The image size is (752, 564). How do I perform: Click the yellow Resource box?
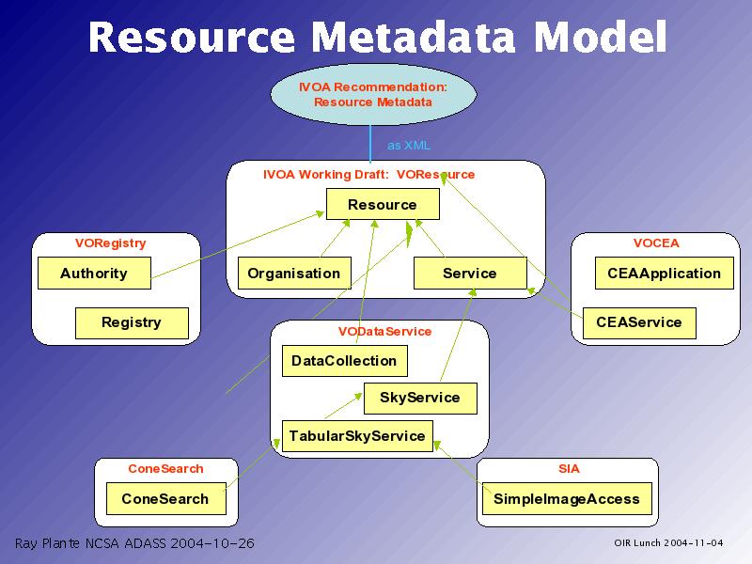click(383, 204)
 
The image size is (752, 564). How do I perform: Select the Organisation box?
click(294, 273)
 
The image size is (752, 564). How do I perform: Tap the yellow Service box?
click(470, 273)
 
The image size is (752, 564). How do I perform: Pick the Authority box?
click(94, 273)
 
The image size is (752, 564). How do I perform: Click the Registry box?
click(132, 323)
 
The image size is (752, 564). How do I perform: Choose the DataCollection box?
click(345, 361)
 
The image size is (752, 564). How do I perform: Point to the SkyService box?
click(420, 398)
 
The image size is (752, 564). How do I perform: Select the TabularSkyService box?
click(357, 436)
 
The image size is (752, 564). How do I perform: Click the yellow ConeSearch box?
click(166, 499)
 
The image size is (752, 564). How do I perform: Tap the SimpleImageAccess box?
click(567, 499)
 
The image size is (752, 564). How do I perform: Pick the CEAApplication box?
click(665, 273)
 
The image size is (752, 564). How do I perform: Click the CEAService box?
click(639, 323)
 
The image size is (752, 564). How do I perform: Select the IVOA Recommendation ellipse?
click(373, 94)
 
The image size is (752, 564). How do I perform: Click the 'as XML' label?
click(409, 146)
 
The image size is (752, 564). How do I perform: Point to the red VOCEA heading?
click(656, 243)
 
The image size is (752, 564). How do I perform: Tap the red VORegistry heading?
click(110, 243)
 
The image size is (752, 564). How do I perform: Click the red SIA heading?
click(569, 468)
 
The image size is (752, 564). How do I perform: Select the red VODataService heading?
click(384, 332)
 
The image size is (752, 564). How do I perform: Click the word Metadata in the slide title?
click(413, 37)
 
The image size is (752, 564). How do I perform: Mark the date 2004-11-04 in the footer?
click(694, 543)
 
